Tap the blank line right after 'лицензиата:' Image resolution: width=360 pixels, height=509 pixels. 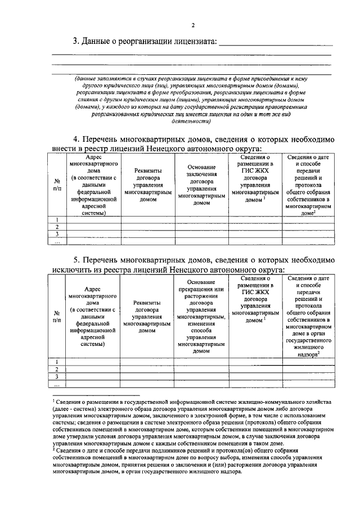pos(275,44)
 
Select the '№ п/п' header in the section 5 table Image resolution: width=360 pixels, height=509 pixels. pos(57,316)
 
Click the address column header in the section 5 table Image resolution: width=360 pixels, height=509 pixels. pos(92,316)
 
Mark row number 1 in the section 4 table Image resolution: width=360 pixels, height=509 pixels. pos(57,220)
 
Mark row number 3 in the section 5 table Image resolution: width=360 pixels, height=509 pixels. pos(57,376)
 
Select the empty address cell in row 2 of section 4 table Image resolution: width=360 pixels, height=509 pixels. pos(93,227)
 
